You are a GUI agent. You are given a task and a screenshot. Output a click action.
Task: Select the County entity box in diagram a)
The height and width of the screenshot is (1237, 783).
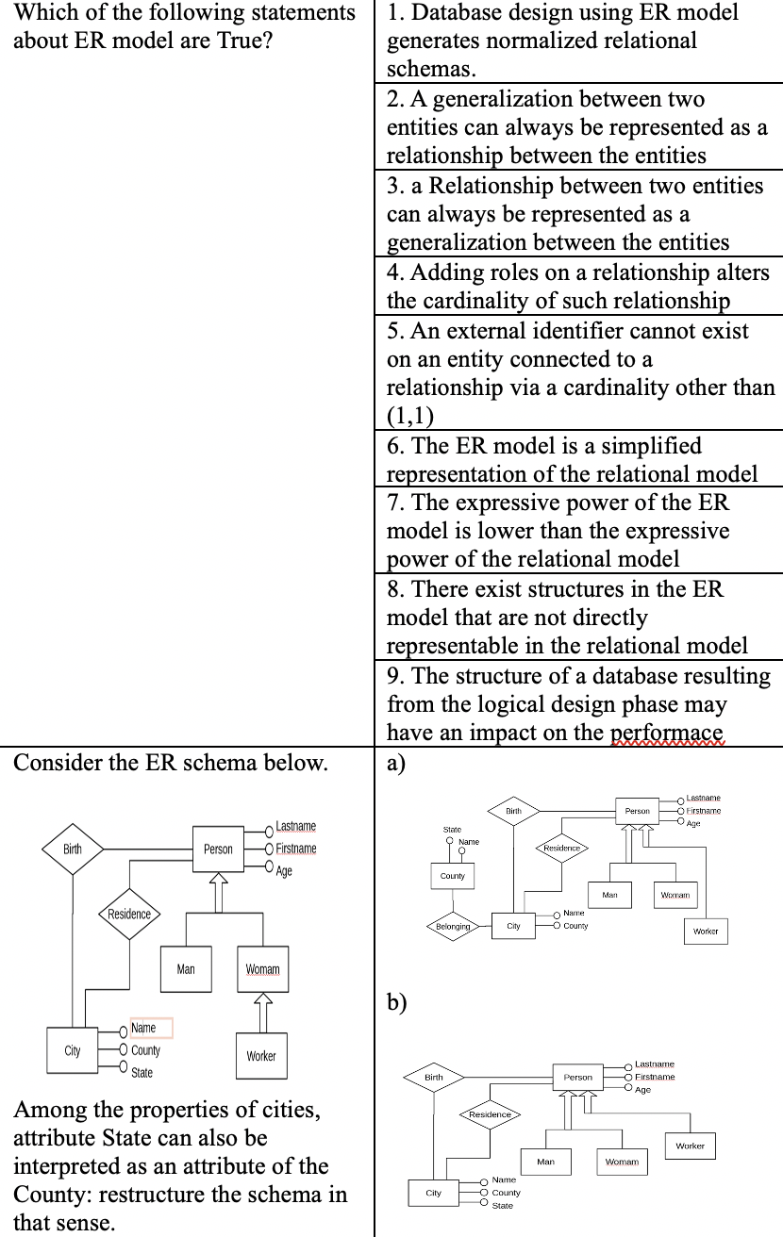tap(453, 876)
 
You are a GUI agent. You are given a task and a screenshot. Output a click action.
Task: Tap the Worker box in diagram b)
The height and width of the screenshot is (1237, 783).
tap(690, 1146)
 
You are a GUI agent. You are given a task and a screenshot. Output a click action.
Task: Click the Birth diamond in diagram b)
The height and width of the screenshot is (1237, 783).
tap(434, 1077)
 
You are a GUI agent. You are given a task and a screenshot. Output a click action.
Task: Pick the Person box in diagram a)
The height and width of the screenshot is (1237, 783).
tap(637, 811)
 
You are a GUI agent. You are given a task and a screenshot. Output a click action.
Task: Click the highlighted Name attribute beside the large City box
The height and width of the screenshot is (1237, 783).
tap(144, 1028)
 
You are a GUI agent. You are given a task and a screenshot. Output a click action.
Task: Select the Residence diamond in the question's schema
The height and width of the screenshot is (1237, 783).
tap(128, 914)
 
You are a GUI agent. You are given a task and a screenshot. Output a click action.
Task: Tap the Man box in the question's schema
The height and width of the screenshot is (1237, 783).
tap(186, 969)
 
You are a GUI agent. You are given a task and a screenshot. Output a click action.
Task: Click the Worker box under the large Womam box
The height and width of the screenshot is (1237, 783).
tap(261, 1056)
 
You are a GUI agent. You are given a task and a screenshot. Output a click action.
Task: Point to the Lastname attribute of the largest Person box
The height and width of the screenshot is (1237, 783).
tap(295, 827)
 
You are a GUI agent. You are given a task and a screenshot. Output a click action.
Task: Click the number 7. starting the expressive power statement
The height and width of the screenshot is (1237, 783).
tap(396, 503)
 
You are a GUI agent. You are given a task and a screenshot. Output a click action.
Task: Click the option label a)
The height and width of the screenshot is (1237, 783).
tap(395, 763)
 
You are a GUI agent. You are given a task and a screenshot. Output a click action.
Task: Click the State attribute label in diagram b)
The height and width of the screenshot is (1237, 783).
tap(503, 1206)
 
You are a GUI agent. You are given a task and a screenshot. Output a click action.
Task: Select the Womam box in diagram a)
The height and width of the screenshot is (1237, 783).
tap(675, 894)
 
